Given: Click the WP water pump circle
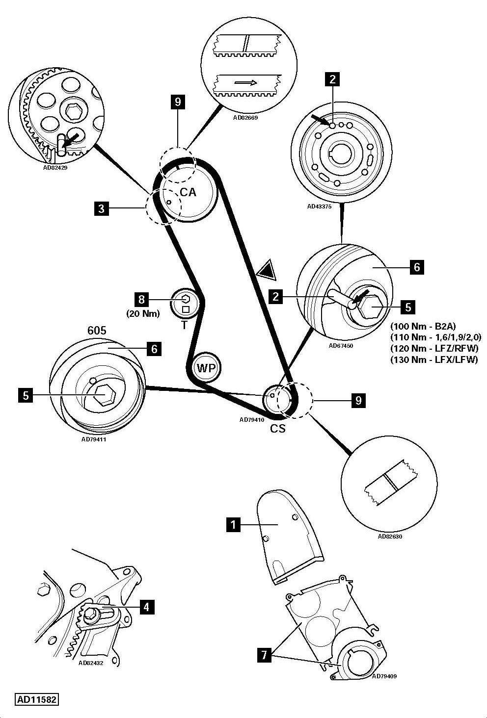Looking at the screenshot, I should [207, 367].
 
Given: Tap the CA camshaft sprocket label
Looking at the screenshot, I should [188, 192].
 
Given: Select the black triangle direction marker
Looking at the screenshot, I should [267, 270].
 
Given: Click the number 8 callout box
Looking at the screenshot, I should [141, 299].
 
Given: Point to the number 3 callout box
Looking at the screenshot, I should [101, 209].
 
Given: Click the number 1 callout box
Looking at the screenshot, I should [233, 525].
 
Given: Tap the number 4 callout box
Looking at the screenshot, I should [146, 607].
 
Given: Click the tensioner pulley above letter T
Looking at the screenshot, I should [186, 303].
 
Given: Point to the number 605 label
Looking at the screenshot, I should [97, 331].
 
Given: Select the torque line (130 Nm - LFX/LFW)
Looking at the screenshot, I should [434, 359].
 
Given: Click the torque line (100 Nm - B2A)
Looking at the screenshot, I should [423, 326].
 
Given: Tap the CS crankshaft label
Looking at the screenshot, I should [278, 428].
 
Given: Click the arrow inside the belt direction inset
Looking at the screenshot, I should [245, 83].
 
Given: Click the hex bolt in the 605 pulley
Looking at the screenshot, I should [104, 395].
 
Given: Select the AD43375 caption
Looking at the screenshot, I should [320, 206].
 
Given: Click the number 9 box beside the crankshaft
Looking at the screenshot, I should [358, 401].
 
